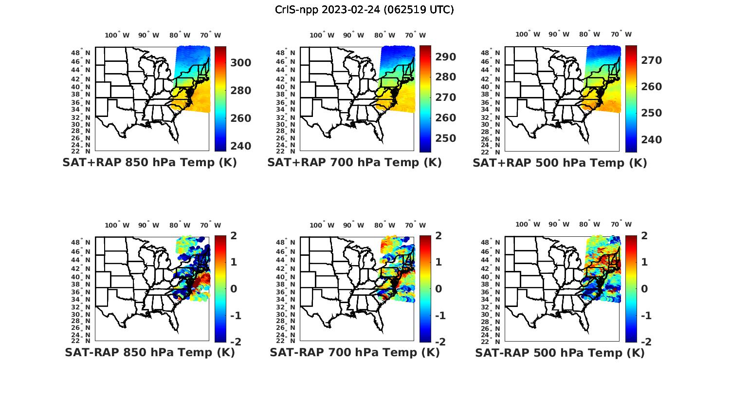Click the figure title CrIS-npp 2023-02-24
(x=364, y=9)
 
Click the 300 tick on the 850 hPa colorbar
(x=241, y=63)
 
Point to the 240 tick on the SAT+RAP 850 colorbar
(x=241, y=146)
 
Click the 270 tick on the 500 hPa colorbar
(x=652, y=60)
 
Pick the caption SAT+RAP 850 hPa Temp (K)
(x=149, y=163)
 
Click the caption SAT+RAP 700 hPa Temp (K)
(x=354, y=163)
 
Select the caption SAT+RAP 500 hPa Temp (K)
(x=560, y=163)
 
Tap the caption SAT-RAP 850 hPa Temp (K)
(x=149, y=352)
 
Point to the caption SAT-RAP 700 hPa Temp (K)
(x=354, y=352)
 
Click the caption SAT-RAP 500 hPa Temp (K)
(x=560, y=353)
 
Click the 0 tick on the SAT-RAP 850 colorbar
(x=234, y=288)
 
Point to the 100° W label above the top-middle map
(x=322, y=35)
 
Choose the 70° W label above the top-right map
(x=621, y=34)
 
